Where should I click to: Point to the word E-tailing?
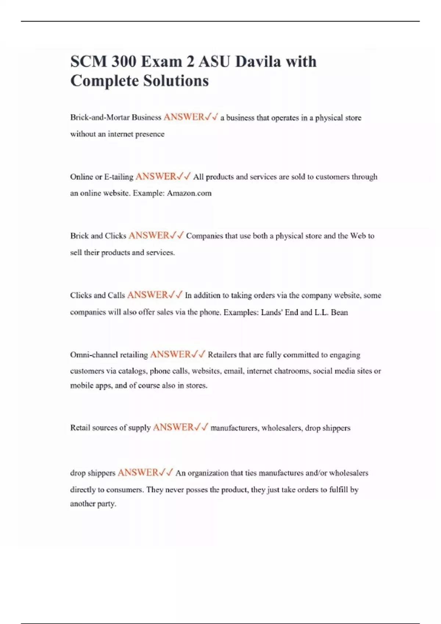coord(119,177)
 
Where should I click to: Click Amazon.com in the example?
coord(189,193)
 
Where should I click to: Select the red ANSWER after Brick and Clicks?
coord(149,236)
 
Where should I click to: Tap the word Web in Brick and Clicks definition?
coord(358,236)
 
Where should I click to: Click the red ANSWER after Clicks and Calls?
coord(147,295)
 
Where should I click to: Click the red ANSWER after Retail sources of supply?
coord(173,428)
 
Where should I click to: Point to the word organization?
coord(208,473)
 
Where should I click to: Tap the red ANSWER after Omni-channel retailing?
coord(171,355)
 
